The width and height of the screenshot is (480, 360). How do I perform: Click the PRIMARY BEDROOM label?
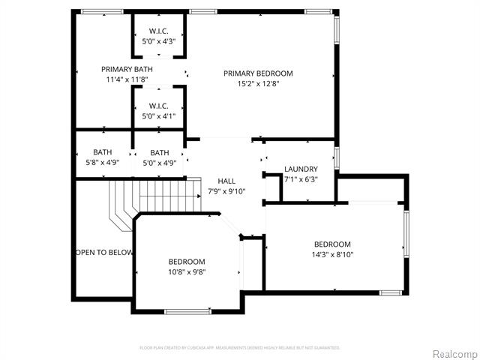pyautogui.click(x=258, y=73)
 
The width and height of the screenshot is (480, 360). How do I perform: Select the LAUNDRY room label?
pyautogui.click(x=301, y=169)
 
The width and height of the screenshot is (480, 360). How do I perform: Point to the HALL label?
pyautogui.click(x=226, y=181)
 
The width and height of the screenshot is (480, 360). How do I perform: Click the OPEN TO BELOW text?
pyautogui.click(x=104, y=252)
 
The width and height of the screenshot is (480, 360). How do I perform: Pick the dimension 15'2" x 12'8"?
pyautogui.click(x=258, y=84)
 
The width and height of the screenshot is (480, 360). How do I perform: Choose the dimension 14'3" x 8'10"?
pyautogui.click(x=332, y=255)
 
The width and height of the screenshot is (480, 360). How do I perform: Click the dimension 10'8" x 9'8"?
pyautogui.click(x=187, y=272)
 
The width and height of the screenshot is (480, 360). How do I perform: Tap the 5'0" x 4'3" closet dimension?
pyautogui.click(x=158, y=41)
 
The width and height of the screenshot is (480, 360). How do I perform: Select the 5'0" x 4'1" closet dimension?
pyautogui.click(x=158, y=116)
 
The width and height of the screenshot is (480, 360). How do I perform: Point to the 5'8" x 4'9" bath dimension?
pyautogui.click(x=103, y=163)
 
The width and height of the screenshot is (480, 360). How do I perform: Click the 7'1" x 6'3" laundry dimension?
pyautogui.click(x=301, y=179)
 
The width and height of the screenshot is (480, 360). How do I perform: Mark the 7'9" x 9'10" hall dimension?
pyautogui.click(x=226, y=191)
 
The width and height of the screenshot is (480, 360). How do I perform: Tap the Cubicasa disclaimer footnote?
pyautogui.click(x=240, y=348)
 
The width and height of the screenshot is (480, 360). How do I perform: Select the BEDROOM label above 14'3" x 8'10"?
pyautogui.click(x=332, y=244)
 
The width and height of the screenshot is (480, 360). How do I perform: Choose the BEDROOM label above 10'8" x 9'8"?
pyautogui.click(x=187, y=262)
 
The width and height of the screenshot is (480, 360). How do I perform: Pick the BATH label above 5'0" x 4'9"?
pyautogui.click(x=160, y=153)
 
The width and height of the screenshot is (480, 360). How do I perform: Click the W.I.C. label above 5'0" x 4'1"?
pyautogui.click(x=158, y=106)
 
